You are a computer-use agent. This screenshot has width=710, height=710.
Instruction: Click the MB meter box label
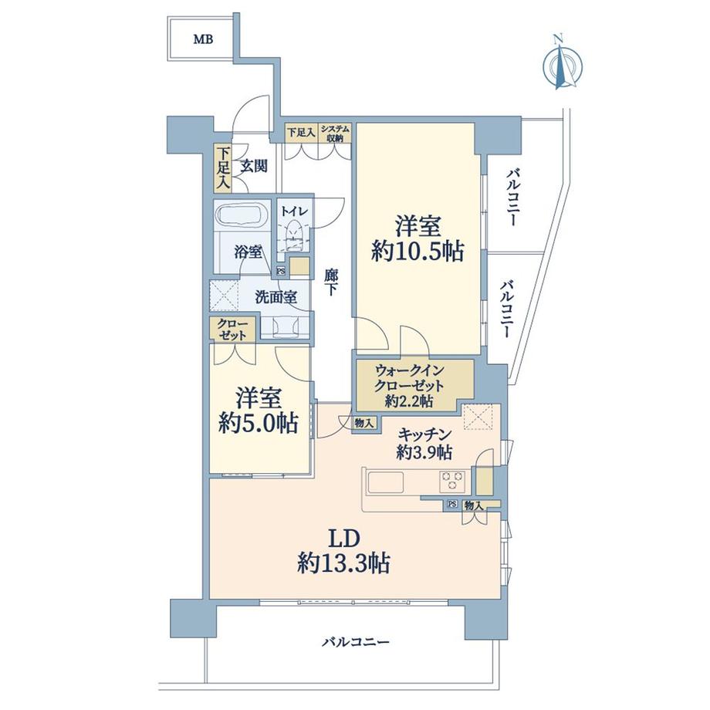(203, 39)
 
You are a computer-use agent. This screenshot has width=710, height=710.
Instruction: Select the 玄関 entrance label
(254, 167)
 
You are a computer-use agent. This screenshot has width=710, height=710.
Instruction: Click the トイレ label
(294, 211)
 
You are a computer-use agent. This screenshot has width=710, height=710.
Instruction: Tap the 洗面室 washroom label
(276, 297)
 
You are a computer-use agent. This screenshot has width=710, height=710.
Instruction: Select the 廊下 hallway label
(331, 282)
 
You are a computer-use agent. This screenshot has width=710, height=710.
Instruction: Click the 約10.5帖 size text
(418, 252)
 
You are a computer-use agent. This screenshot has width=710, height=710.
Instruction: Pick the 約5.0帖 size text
(259, 424)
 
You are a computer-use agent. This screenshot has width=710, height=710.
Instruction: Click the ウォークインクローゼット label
(409, 379)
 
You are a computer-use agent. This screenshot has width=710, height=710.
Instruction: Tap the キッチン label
(424, 434)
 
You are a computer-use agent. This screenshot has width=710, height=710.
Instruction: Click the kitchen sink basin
(385, 482)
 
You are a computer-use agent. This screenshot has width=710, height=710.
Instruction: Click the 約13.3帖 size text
(343, 563)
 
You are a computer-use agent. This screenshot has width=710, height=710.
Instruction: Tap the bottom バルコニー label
(356, 642)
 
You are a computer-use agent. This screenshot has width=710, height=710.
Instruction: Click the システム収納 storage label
(335, 134)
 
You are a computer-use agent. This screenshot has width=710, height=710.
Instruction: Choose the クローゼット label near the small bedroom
(232, 330)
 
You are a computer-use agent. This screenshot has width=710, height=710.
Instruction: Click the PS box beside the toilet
(281, 272)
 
